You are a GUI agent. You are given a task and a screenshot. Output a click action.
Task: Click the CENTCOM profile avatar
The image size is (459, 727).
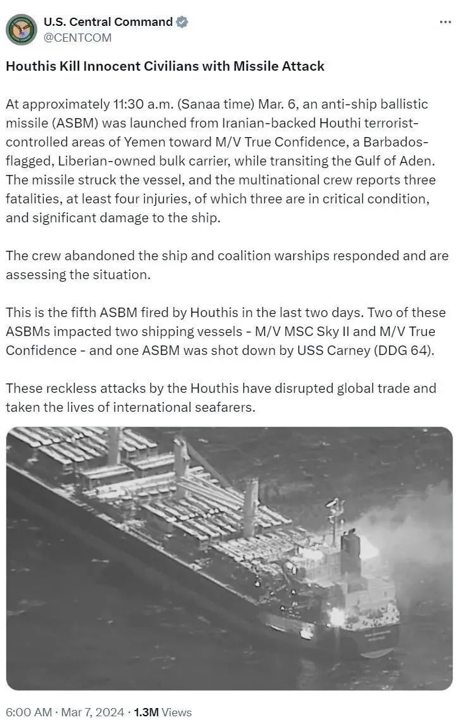click(x=21, y=29)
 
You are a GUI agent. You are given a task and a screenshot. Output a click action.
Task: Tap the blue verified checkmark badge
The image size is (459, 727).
click(x=182, y=22)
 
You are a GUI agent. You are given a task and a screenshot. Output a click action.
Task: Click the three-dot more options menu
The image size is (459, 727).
click(x=445, y=22)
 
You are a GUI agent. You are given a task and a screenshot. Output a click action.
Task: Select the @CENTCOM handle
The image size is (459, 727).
click(x=77, y=38)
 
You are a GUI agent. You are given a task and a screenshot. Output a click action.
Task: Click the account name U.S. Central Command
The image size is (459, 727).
click(x=107, y=22)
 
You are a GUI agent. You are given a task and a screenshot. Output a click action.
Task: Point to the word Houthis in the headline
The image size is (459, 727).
click(x=32, y=66)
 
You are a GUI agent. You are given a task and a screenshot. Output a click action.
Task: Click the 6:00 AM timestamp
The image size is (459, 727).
click(x=28, y=712)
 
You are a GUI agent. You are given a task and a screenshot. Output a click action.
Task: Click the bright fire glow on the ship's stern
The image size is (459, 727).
click(x=336, y=616)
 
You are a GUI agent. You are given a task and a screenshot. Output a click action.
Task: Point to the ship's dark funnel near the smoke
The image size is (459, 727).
click(x=350, y=543)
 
